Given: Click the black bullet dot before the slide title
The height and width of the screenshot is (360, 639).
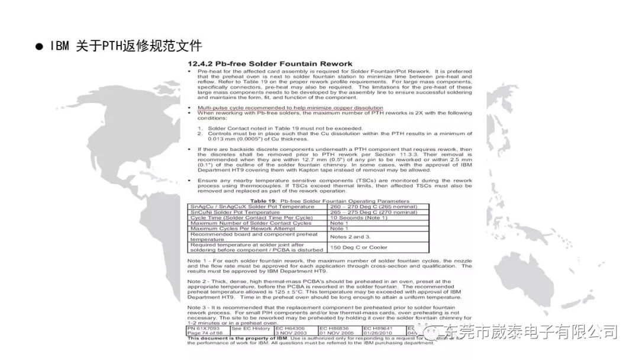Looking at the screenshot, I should (x=40, y=46).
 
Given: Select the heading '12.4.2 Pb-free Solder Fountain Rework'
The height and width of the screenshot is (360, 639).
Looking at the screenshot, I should (x=270, y=63).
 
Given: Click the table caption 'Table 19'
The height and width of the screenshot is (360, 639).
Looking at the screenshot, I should (x=263, y=201).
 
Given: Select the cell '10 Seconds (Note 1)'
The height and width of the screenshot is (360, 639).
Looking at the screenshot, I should (x=359, y=217).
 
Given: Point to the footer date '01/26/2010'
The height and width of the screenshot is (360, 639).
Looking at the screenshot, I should (x=378, y=333).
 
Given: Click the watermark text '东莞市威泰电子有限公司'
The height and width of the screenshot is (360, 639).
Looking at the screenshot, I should (x=531, y=332).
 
